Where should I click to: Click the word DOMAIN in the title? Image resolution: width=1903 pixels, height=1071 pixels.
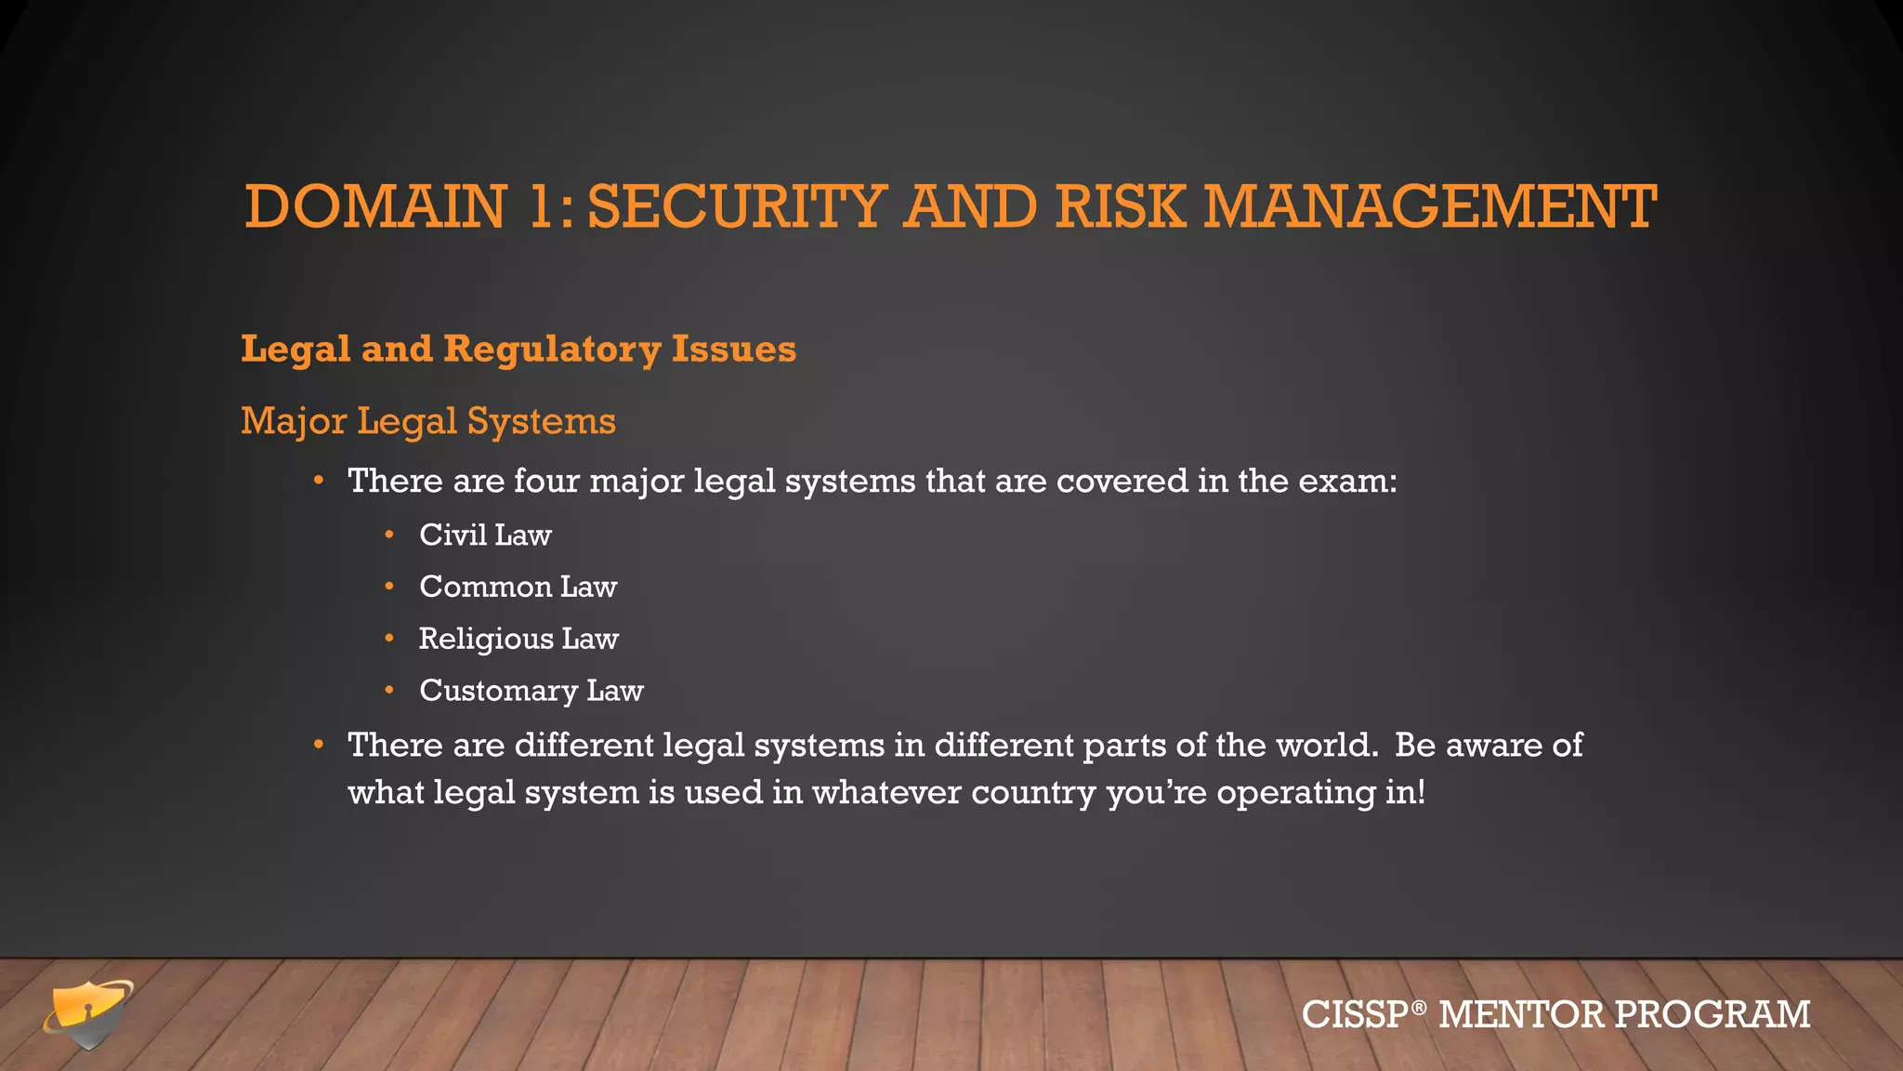pyautogui.click(x=375, y=206)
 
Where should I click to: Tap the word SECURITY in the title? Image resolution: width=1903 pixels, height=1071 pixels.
pyautogui.click(x=738, y=206)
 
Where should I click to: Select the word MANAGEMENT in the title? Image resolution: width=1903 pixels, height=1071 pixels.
pyautogui.click(x=1430, y=206)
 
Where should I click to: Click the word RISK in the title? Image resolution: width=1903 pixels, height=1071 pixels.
pyautogui.click(x=1121, y=206)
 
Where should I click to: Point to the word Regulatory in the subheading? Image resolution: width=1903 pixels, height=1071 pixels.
pyautogui.click(x=552, y=350)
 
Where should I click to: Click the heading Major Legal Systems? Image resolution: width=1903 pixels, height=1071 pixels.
pyautogui.click(x=428, y=421)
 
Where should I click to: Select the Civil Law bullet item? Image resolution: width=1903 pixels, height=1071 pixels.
pyautogui.click(x=485, y=535)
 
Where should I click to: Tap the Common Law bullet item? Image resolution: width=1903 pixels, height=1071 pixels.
pyautogui.click(x=518, y=587)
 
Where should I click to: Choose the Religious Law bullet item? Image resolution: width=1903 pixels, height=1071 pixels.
pyautogui.click(x=518, y=639)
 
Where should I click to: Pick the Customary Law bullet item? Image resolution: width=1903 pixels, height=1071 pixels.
pyautogui.click(x=531, y=691)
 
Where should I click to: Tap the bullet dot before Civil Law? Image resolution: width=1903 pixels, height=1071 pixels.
pyautogui.click(x=390, y=535)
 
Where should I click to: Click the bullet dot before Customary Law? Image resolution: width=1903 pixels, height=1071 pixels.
pyautogui.click(x=390, y=691)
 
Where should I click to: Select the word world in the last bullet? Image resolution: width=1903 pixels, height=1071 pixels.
pyautogui.click(x=1325, y=746)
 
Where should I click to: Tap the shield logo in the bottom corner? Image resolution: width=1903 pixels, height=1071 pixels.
pyautogui.click(x=87, y=1013)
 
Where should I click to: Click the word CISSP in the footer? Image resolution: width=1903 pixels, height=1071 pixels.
pyautogui.click(x=1356, y=1014)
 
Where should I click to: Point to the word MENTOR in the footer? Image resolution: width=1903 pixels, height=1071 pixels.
pyautogui.click(x=1520, y=1014)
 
